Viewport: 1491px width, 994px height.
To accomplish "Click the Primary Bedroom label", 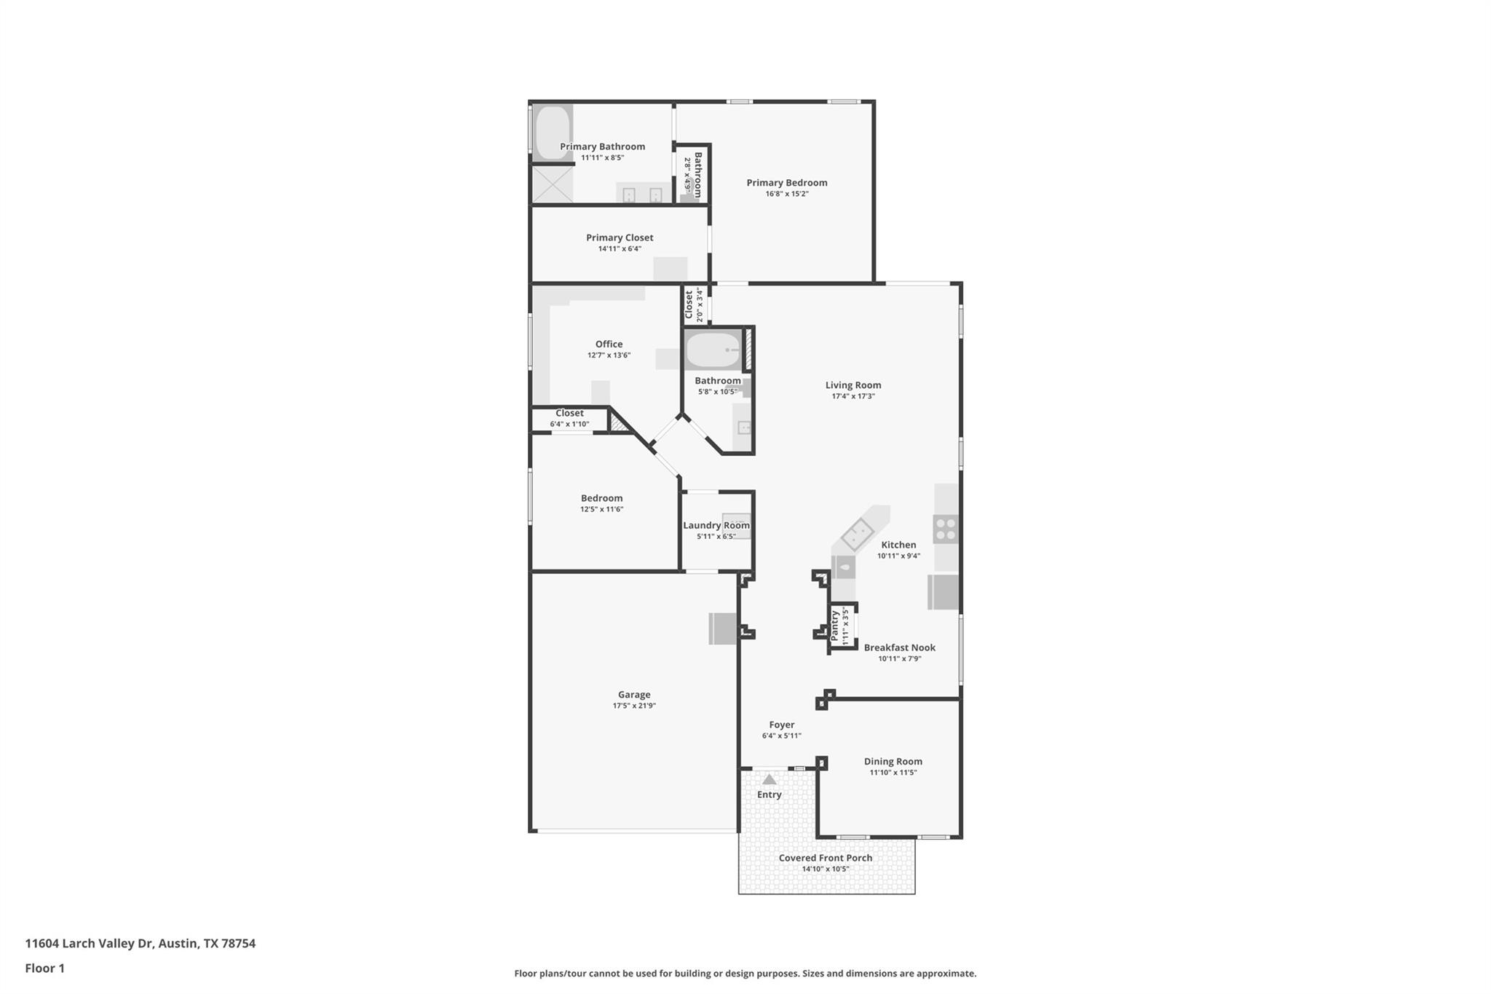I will click(x=786, y=183).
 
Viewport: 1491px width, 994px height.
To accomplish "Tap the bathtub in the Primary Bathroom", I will click(x=553, y=133).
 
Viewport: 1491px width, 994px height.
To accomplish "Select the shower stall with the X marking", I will click(x=553, y=184).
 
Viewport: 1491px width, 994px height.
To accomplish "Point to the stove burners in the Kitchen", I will click(x=946, y=529).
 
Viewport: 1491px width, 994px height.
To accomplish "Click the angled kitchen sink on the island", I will click(x=858, y=535).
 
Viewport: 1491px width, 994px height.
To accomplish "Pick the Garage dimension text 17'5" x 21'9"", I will click(x=634, y=706).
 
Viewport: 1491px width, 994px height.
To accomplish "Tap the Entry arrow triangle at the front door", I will click(x=770, y=779).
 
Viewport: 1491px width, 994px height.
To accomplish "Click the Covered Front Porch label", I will click(x=826, y=858).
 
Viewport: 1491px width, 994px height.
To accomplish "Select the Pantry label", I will click(x=834, y=626).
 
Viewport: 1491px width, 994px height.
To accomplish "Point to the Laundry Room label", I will click(x=716, y=525).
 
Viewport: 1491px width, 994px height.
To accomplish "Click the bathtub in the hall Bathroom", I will click(x=713, y=350).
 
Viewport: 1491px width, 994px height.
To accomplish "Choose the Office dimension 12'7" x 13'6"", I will click(x=609, y=355).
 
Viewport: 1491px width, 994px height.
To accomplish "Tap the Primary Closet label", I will click(x=620, y=237).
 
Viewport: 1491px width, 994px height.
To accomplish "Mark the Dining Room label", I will click(x=893, y=762).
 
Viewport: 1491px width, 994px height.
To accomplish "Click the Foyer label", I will click(x=781, y=725).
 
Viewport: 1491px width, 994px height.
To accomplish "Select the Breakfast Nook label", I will click(x=899, y=647).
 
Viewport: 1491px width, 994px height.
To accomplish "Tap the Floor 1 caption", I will click(x=45, y=968).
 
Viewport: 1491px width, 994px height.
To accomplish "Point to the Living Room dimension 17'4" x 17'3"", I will click(x=853, y=396).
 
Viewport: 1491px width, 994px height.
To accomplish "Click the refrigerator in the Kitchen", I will click(x=943, y=592).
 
